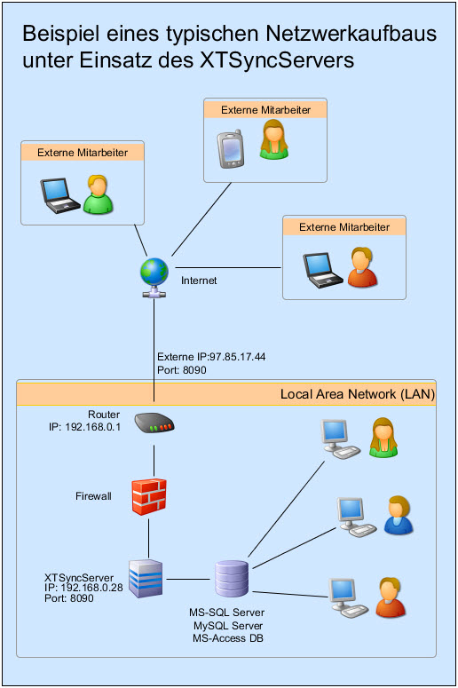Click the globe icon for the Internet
click(155, 273)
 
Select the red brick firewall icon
click(148, 495)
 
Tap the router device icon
click(154, 425)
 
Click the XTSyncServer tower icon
click(146, 580)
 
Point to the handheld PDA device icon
click(231, 148)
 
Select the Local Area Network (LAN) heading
click(357, 393)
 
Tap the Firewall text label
click(94, 495)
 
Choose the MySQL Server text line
click(228, 626)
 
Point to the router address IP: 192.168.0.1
click(84, 427)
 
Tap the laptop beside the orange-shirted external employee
click(320, 270)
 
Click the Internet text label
click(199, 281)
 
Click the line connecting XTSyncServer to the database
click(189, 581)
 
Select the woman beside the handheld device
click(274, 139)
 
